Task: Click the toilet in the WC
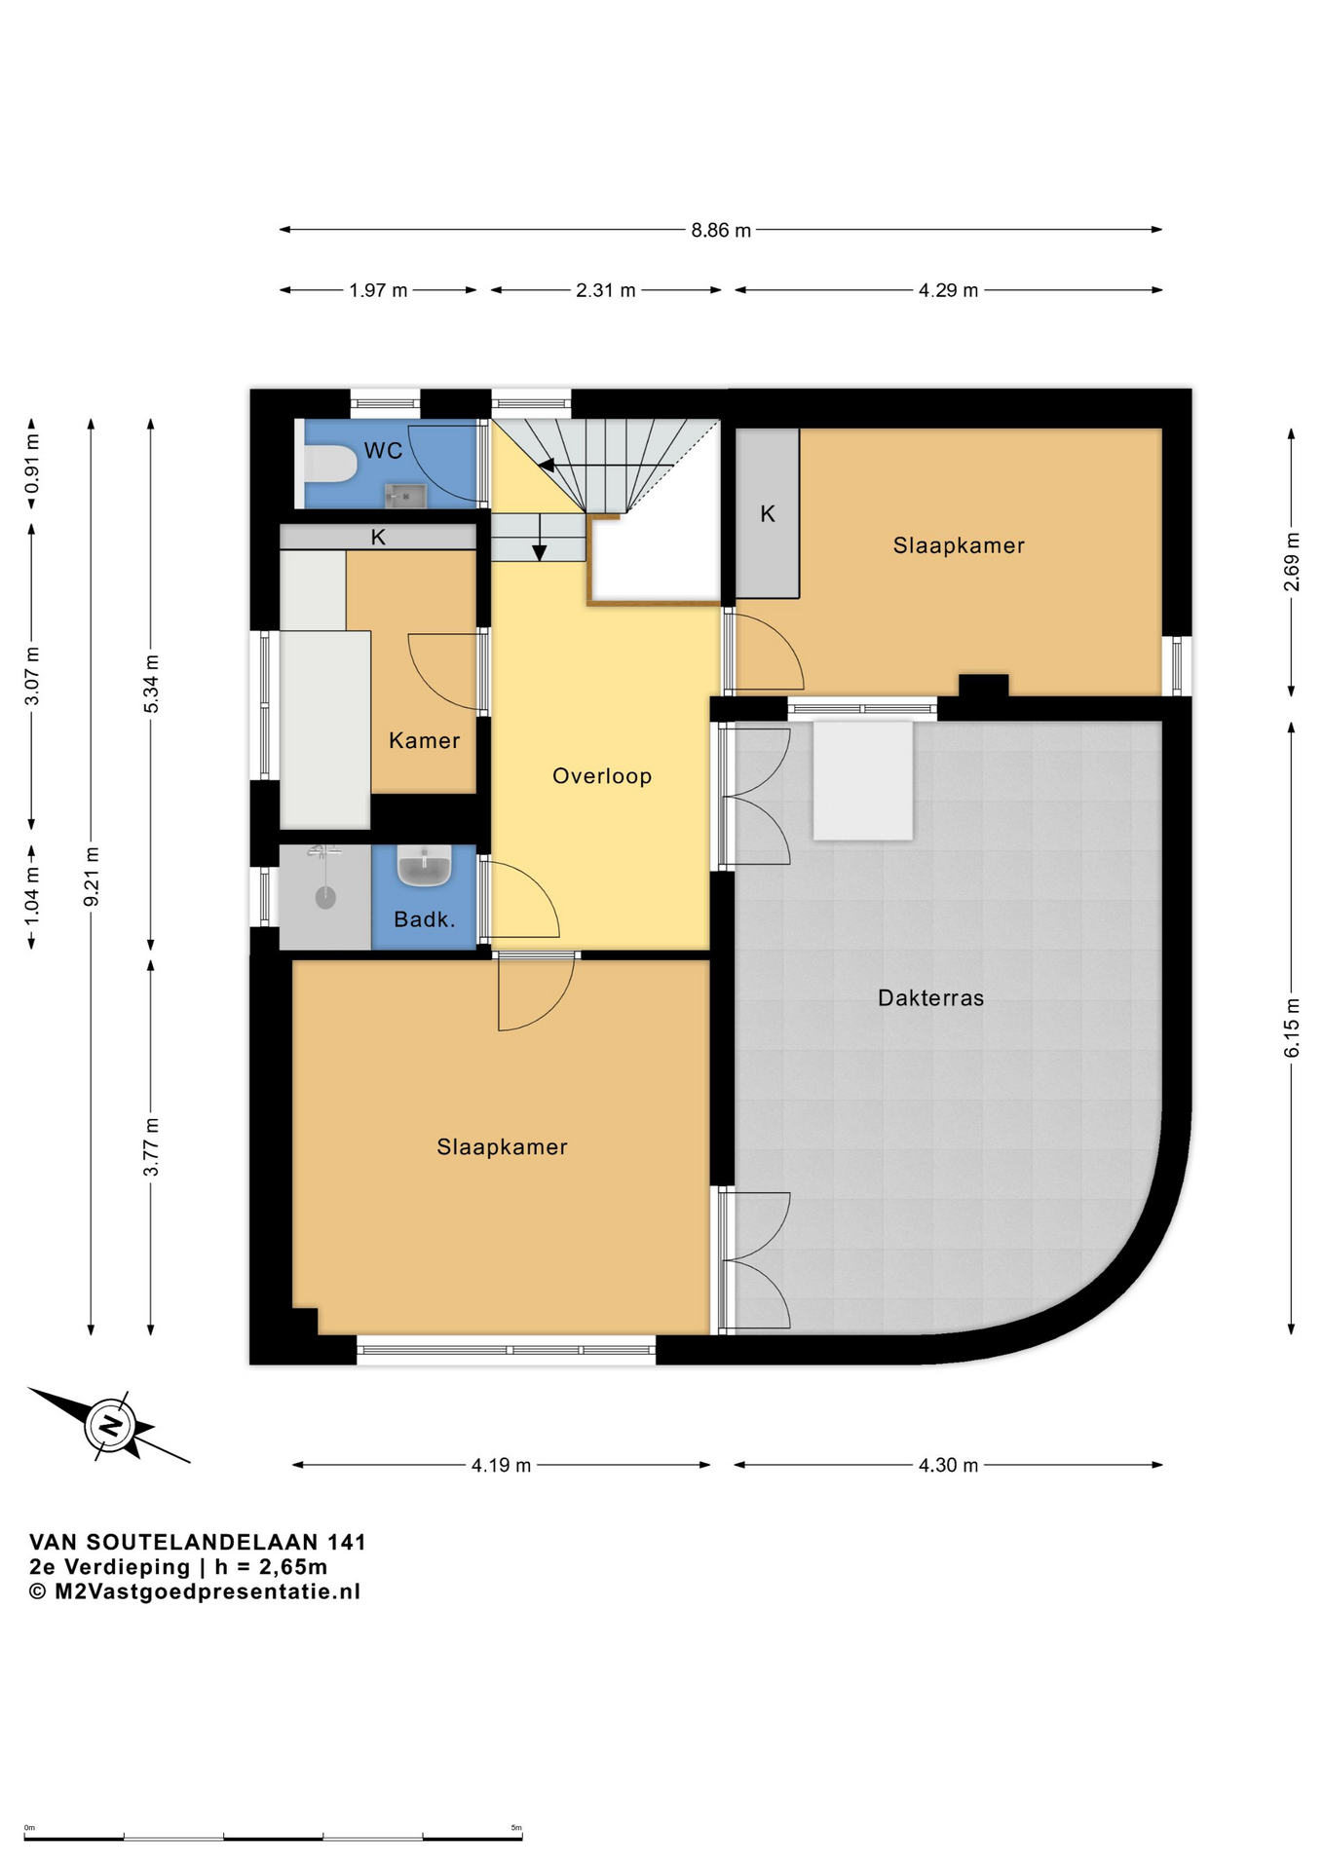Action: tap(331, 465)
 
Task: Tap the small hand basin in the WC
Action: tap(405, 496)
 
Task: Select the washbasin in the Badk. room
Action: tap(424, 866)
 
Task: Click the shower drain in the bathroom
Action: tap(325, 897)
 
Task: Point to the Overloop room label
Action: tap(602, 776)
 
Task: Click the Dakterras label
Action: tap(931, 997)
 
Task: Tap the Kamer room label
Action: tap(425, 740)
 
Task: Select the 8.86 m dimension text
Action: tap(722, 231)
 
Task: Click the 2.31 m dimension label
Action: tap(606, 290)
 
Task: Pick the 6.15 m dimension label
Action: tap(1292, 1027)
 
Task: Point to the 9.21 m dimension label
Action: tap(92, 877)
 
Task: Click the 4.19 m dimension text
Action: tap(502, 1465)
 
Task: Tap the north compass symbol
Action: tap(110, 1426)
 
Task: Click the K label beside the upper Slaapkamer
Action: tap(768, 514)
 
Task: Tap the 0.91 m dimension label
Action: tap(32, 464)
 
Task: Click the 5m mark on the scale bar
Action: tap(516, 1828)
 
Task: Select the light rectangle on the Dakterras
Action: tap(863, 780)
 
